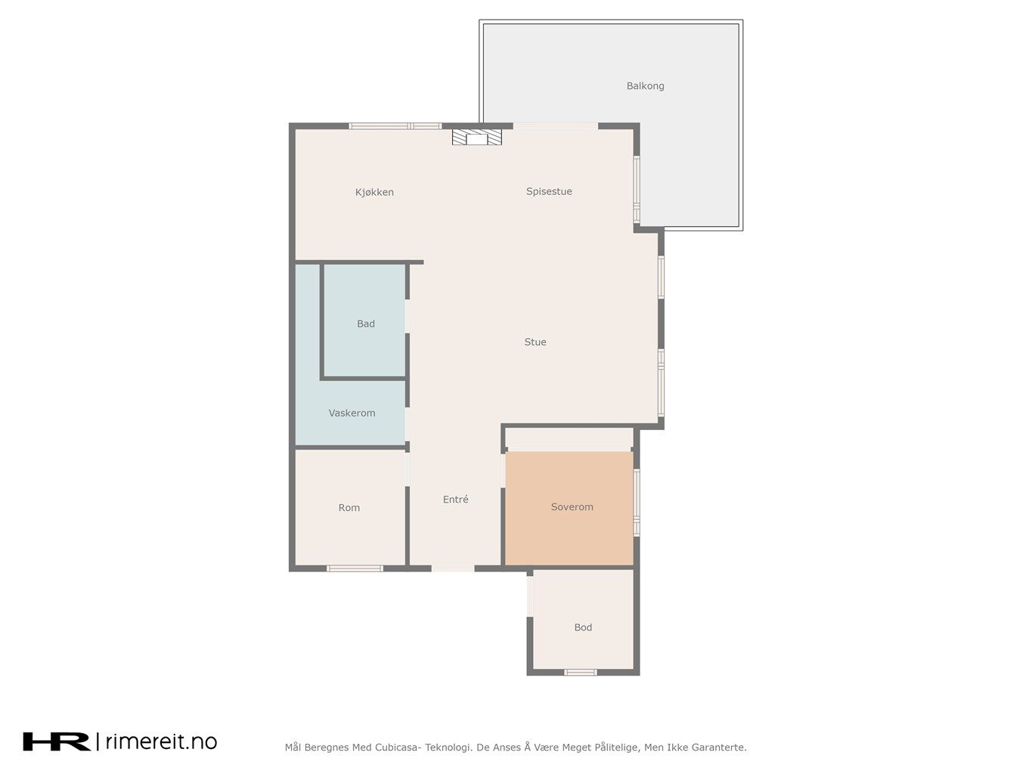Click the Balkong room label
point(645,86)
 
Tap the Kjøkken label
point(374,192)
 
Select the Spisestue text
point(549,191)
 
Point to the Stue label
point(535,342)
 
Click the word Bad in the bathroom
point(366,324)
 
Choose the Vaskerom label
point(352,413)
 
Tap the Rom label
point(349,507)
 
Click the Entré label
point(455,500)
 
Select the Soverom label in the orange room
point(572,507)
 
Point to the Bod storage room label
point(583,627)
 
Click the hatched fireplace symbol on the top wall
point(477,138)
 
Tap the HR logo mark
point(57,741)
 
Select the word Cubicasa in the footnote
point(397,748)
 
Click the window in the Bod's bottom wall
point(580,673)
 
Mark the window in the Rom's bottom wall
point(355,568)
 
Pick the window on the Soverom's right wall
point(637,503)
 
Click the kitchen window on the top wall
point(395,126)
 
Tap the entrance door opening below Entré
point(453,568)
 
